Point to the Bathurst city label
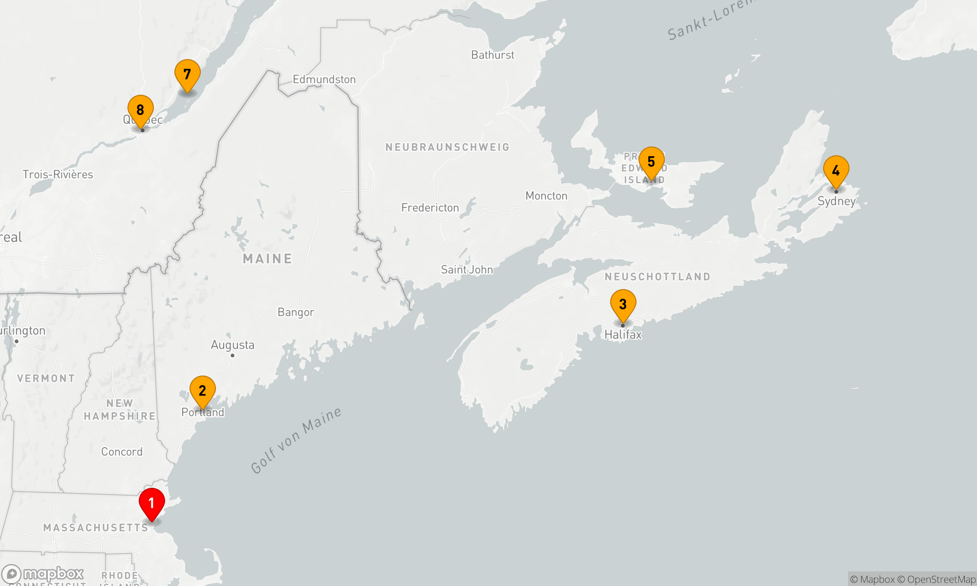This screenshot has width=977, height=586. click(492, 55)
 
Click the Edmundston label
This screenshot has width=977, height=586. click(324, 80)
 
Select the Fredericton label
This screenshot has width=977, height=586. click(430, 208)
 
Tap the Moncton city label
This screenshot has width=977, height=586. click(546, 196)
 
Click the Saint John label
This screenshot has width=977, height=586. click(467, 270)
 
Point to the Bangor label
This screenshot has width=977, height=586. click(296, 313)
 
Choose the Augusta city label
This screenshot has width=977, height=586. click(233, 345)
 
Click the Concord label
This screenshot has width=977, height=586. click(122, 452)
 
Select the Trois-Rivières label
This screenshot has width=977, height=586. click(58, 175)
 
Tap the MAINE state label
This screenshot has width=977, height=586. click(268, 259)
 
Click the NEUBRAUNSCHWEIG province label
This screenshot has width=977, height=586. click(447, 147)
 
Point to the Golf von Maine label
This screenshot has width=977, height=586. click(296, 440)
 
